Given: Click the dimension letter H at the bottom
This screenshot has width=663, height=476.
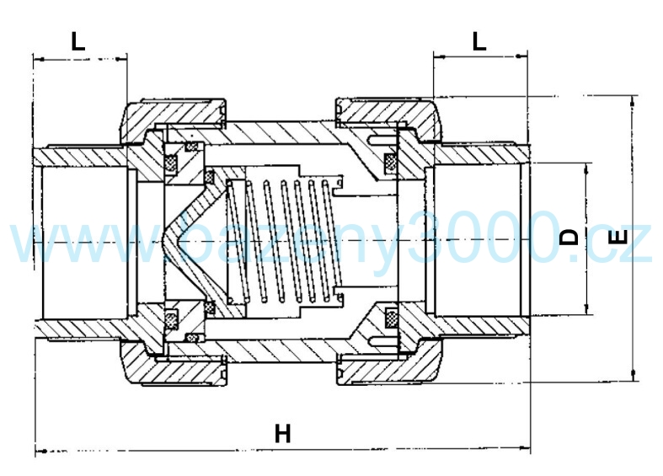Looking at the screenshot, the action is [283, 433].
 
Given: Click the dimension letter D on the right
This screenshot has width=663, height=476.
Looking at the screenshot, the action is [569, 237].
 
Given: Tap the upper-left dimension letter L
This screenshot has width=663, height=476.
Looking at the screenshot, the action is [78, 41].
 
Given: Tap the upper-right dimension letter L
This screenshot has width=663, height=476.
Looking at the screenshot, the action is [479, 41].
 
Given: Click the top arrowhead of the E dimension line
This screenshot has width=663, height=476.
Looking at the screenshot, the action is [633, 100].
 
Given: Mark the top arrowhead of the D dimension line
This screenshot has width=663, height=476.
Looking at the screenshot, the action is [586, 168].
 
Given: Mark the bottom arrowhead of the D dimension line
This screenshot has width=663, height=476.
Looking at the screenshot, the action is [586, 308].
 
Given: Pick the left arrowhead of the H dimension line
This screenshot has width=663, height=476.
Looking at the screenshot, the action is [40, 451].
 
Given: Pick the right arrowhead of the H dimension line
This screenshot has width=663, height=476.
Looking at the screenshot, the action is [525, 447].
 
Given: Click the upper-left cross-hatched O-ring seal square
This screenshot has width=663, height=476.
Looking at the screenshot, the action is [171, 163].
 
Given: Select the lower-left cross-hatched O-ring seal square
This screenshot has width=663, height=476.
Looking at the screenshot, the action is [171, 317].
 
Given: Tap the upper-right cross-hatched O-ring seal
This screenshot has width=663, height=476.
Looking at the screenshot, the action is [389, 161].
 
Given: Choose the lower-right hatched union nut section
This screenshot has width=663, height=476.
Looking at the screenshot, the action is [389, 363].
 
